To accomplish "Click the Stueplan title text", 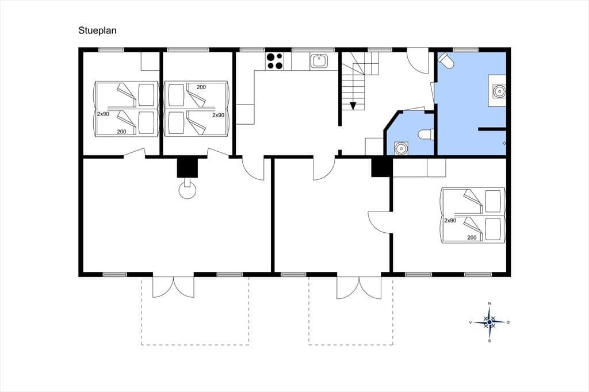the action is tap(97, 30).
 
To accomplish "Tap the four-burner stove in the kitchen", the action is tap(274, 61).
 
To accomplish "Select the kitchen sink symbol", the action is tap(319, 61).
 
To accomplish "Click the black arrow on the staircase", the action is tap(353, 106).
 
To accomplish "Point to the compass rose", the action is tap(489, 322).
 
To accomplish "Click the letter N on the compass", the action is tap(489, 303).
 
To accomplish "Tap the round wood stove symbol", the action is tap(187, 189).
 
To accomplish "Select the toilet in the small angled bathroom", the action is tap(426, 134).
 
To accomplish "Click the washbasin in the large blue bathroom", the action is tap(499, 91).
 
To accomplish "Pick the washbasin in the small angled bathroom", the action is tap(400, 148).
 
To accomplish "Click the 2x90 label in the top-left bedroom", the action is tap(103, 114).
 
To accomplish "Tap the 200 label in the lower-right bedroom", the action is tap(472, 237).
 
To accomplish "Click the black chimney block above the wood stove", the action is tap(188, 167).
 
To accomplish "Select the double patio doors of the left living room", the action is tap(173, 287).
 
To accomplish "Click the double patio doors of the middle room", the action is tap(359, 287).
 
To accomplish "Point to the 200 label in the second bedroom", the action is tap(201, 87).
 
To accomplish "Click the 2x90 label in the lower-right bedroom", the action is tap(450, 220).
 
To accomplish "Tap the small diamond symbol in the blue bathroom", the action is tap(504, 143).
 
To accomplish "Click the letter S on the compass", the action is tap(489, 341).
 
